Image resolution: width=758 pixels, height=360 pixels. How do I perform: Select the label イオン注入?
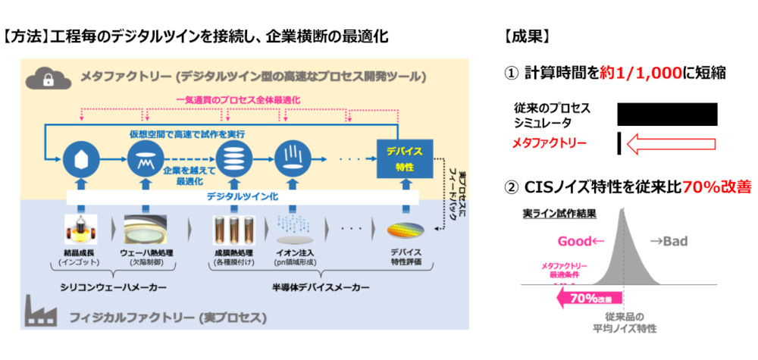298,252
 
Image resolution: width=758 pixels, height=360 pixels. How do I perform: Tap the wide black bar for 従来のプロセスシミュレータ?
667,114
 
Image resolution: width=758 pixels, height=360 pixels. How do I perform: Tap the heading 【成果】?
526,36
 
